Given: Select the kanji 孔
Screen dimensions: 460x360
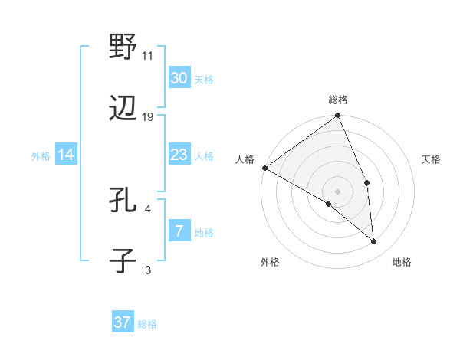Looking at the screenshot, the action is [123, 201].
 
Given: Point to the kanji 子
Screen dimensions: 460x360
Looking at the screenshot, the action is [123, 261].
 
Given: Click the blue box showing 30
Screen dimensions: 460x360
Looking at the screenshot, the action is [179, 78].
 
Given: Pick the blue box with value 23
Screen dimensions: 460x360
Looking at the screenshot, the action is [179, 155].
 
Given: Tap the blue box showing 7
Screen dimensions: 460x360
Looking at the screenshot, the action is [179, 231].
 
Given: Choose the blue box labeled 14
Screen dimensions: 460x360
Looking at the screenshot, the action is [66, 155].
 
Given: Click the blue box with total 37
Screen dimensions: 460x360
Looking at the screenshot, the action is [123, 322].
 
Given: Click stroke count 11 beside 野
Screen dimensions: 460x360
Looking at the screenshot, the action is [148, 55].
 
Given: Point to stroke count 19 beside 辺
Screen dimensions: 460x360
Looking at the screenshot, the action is [148, 117].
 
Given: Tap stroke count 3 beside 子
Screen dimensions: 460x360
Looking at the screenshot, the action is [148, 270].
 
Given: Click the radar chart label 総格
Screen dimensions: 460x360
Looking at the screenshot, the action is [338, 100].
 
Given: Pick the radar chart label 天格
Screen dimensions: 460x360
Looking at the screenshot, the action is [431, 159].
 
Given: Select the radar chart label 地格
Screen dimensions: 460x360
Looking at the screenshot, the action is [402, 262].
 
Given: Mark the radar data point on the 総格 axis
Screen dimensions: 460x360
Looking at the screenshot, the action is [338, 116].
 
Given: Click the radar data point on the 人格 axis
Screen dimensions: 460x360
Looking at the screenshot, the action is [264, 168].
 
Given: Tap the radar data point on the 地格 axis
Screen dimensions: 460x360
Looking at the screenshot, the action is [374, 241].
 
